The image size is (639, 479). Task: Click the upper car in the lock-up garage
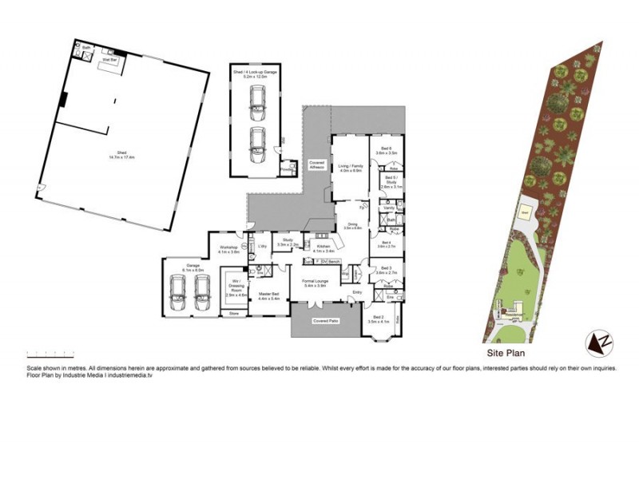pyautogui.click(x=257, y=99)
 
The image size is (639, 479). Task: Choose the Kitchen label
pyautogui.click(x=323, y=249)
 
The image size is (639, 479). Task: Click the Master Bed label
pyautogui.click(x=269, y=296)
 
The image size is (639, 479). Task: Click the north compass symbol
pyautogui.click(x=600, y=344)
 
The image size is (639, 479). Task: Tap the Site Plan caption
pyautogui.click(x=505, y=350)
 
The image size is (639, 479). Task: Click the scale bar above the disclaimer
pyautogui.click(x=50, y=353)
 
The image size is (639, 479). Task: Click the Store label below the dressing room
pyautogui.click(x=233, y=314)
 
